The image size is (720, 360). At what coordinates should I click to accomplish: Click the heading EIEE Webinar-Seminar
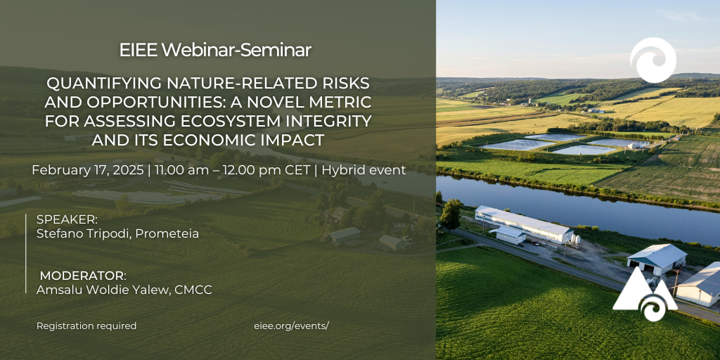215,50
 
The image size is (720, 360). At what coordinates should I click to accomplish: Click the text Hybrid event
364,170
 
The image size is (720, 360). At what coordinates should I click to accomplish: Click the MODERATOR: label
83,276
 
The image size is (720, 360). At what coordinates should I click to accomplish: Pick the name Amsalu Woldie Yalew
103,290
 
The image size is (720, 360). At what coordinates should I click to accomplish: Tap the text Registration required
86,326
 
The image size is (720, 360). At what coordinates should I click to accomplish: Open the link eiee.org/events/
292,326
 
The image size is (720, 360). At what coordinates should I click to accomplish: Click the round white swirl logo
653,60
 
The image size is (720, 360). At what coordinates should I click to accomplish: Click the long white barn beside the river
523,224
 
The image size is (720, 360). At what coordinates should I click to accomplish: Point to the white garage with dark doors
657,259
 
